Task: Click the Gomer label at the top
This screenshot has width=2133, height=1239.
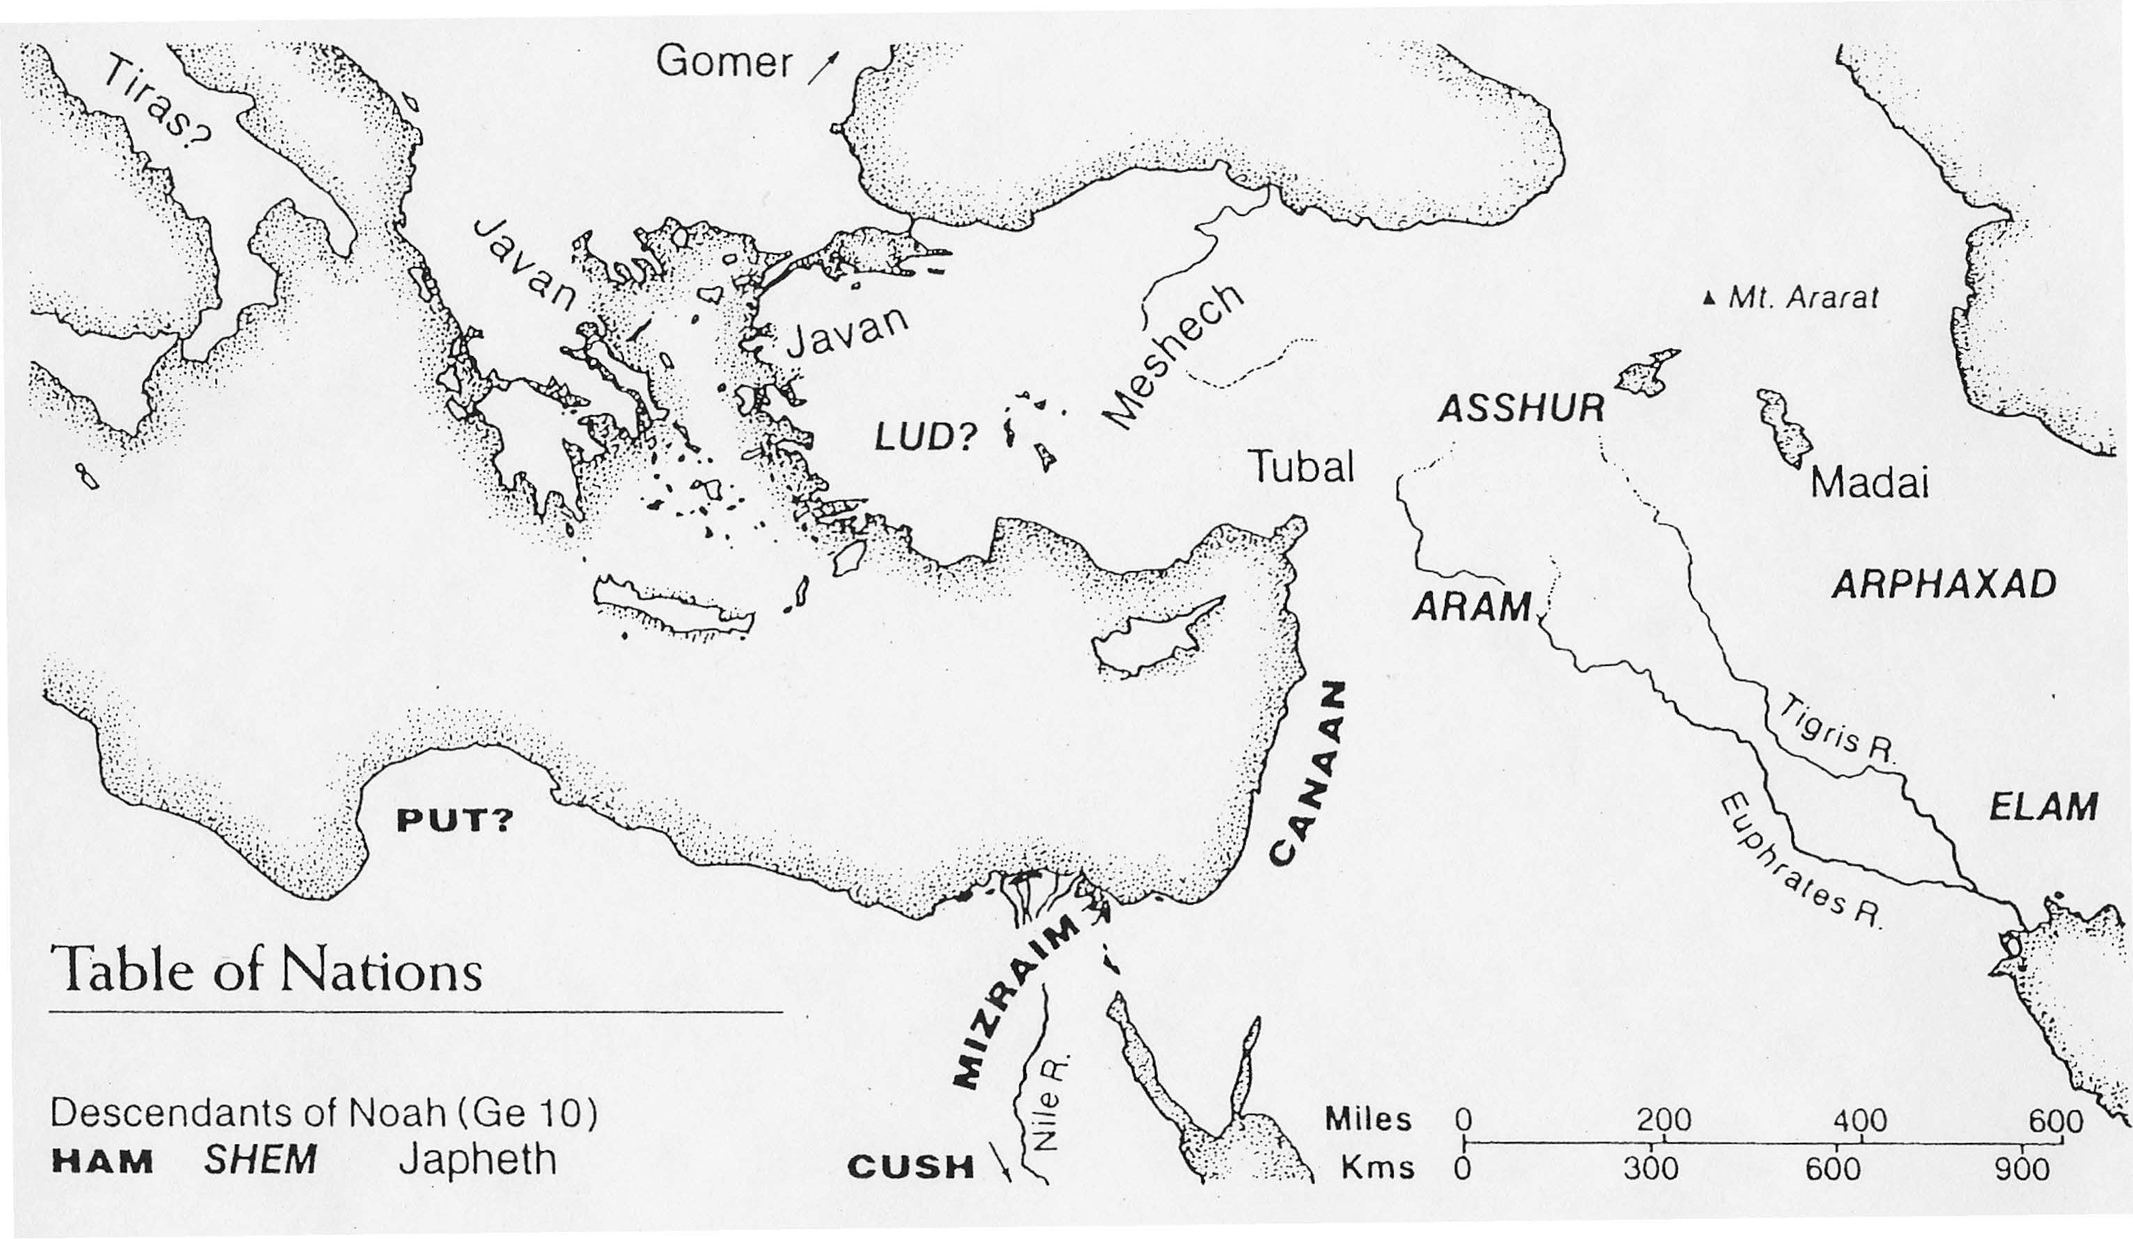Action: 724,62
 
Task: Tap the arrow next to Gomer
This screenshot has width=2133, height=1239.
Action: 825,67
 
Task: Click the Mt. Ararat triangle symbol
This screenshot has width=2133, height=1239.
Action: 1711,298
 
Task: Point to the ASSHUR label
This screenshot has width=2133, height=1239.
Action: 1521,410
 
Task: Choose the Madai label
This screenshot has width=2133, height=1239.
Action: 1870,483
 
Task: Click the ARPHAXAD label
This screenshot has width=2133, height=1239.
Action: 1944,585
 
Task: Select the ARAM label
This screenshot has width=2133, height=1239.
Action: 1473,607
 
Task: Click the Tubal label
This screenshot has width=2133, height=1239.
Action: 1302,467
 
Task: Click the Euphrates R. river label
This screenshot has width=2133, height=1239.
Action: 1801,861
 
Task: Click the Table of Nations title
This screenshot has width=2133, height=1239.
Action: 266,967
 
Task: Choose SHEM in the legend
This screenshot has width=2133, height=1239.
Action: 260,1160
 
